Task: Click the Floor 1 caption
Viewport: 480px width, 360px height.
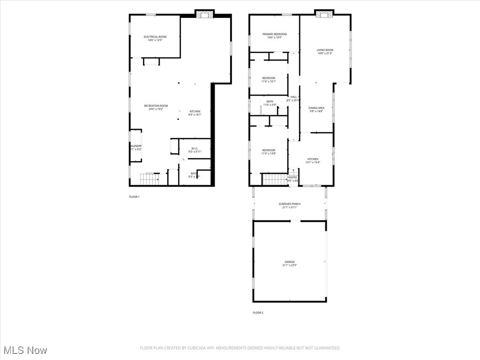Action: pyautogui.click(x=134, y=197)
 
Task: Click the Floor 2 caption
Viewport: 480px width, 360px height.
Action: pyautogui.click(x=258, y=313)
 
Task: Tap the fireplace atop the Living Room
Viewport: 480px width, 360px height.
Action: pyautogui.click(x=323, y=14)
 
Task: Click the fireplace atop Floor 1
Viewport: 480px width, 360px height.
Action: pyautogui.click(x=204, y=15)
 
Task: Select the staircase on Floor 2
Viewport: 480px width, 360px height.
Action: pyautogui.click(x=274, y=179)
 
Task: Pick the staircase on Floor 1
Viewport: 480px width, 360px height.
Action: pyautogui.click(x=150, y=179)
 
